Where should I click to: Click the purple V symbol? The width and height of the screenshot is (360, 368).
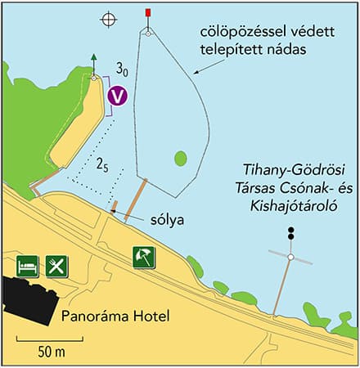pyautogui.click(x=119, y=95)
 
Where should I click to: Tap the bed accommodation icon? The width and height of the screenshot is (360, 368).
pyautogui.click(x=27, y=266)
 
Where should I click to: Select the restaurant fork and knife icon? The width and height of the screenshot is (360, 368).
pyautogui.click(x=56, y=266)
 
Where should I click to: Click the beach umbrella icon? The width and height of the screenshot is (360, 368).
pyautogui.click(x=144, y=257)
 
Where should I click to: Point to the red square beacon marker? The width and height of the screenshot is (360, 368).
pyautogui.click(x=147, y=13)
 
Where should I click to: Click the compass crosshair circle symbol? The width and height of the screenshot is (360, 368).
pyautogui.click(x=107, y=19)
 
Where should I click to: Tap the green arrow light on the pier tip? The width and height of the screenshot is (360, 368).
pyautogui.click(x=94, y=65)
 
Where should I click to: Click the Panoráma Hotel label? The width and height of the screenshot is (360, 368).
pyautogui.click(x=104, y=316)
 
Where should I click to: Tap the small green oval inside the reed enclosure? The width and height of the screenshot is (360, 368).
pyautogui.click(x=180, y=157)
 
